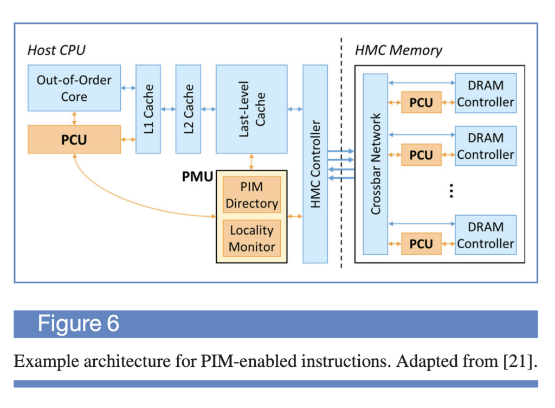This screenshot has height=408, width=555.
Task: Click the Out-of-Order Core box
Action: coord(74,88)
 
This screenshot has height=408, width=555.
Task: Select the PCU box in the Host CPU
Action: coord(74,139)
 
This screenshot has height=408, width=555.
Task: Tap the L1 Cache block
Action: coord(148,109)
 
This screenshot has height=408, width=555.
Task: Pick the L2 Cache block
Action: coord(188,109)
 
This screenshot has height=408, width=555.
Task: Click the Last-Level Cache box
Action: coord(251,109)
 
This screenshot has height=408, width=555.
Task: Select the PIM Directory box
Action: coord(252,195)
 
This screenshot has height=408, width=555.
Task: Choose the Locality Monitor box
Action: coord(252,238)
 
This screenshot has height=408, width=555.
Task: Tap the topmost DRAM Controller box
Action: coord(486,93)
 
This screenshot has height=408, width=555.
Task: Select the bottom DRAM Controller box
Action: coord(486,235)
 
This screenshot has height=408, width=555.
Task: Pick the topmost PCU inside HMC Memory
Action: coord(421,102)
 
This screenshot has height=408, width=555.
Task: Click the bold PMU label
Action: coord(197,177)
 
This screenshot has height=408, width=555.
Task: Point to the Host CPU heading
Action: coord(56,50)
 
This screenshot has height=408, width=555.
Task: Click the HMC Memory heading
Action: coord(398,50)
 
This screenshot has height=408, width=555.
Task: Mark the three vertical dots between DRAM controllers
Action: coord(451,191)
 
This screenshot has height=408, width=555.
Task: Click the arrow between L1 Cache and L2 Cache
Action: coord(168,109)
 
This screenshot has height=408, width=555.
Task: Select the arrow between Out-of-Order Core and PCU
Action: coord(74,118)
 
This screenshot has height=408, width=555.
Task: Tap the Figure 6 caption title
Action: coord(78,323)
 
